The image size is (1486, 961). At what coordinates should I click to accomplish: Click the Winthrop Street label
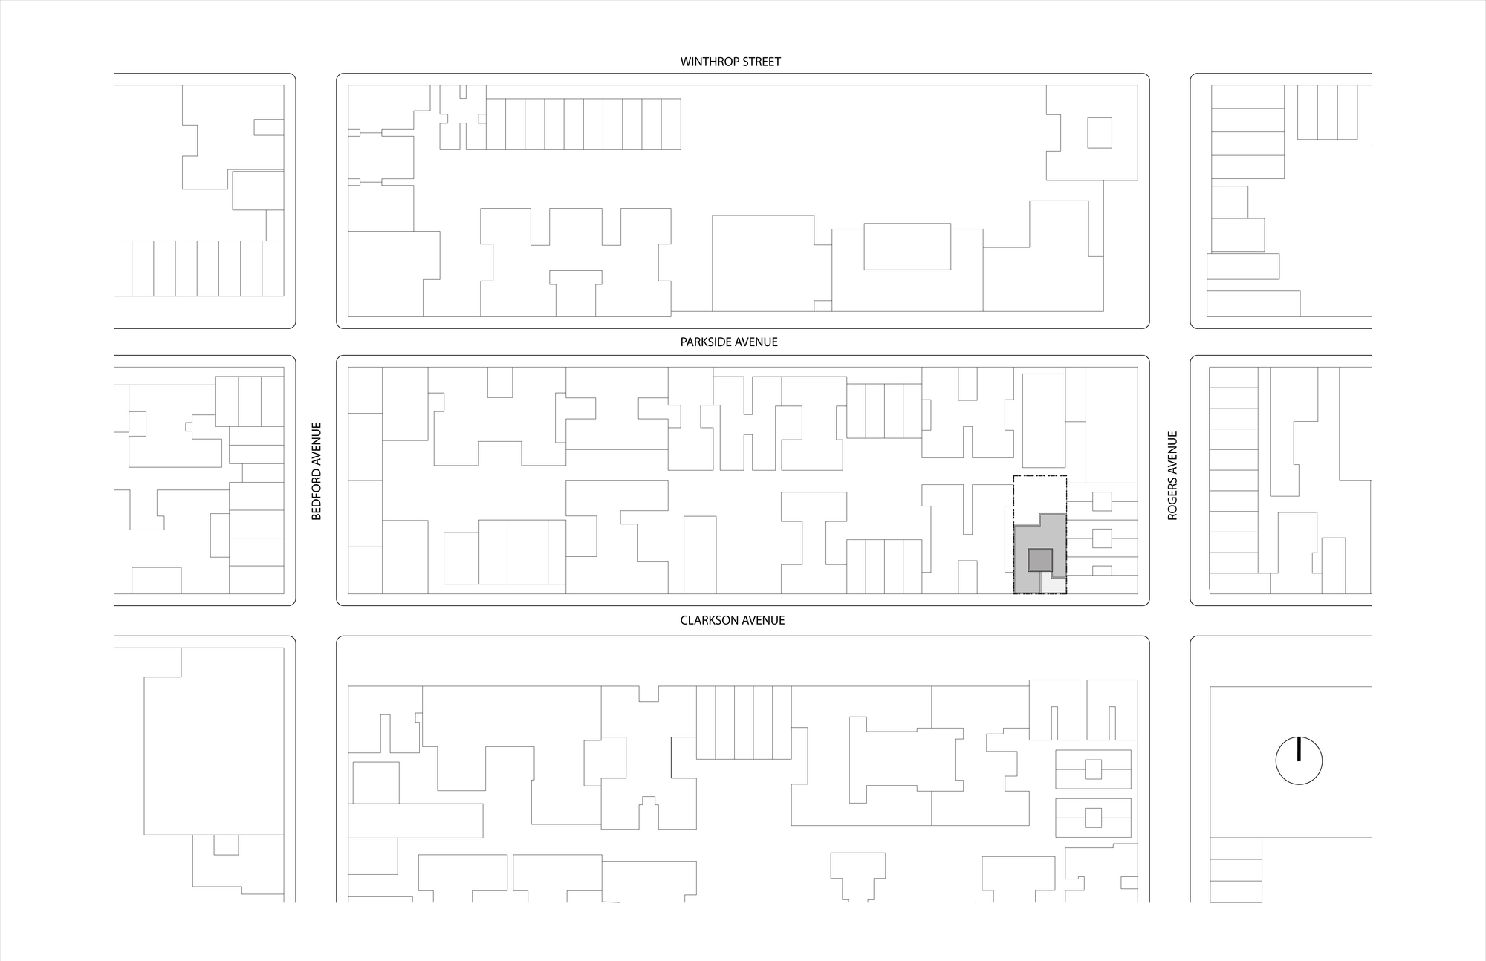click(x=730, y=62)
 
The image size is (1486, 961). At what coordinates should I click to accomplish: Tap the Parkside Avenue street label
click(x=729, y=342)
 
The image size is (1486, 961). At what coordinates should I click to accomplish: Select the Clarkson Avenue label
click(x=732, y=620)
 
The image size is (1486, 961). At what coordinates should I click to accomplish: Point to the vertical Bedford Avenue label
click(x=317, y=471)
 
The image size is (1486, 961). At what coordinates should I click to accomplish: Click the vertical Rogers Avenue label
click(x=1172, y=475)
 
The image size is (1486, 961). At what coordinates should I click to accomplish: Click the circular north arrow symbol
click(x=1299, y=760)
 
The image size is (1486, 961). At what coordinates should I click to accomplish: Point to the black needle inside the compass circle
click(x=1299, y=749)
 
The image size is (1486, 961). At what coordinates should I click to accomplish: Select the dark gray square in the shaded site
click(x=1040, y=560)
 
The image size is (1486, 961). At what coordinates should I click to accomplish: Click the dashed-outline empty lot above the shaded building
click(x=1040, y=494)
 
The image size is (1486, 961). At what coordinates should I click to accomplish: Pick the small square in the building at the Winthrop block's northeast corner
click(x=1100, y=133)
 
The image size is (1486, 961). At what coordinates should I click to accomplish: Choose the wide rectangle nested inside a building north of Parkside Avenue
click(x=907, y=247)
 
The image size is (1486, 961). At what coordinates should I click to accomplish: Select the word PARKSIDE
click(x=704, y=342)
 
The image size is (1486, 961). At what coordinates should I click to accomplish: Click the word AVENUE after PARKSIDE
click(x=755, y=342)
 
